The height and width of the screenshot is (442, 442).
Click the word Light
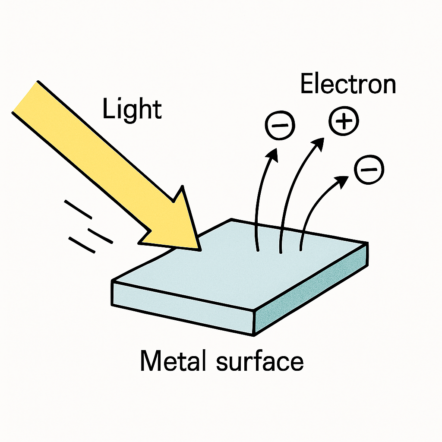(132, 109)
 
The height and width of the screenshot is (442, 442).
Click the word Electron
(348, 83)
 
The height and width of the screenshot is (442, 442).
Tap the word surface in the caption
(260, 360)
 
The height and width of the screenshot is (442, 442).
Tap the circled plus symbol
(344, 121)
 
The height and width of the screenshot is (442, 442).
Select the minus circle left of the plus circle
(280, 125)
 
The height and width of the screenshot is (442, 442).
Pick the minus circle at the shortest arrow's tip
(369, 170)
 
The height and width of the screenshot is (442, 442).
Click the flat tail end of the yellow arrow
(25, 97)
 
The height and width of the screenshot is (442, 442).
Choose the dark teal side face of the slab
(312, 289)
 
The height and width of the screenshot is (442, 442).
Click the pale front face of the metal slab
(183, 309)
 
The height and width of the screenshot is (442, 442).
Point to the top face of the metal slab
(240, 264)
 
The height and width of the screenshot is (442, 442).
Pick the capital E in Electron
(307, 83)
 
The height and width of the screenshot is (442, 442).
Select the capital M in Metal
(150, 360)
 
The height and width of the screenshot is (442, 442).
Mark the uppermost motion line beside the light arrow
(78, 209)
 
